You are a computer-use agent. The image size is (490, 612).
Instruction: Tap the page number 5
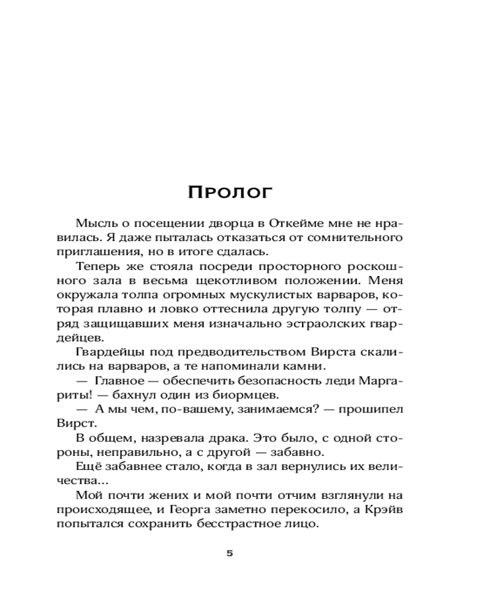(230, 553)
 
